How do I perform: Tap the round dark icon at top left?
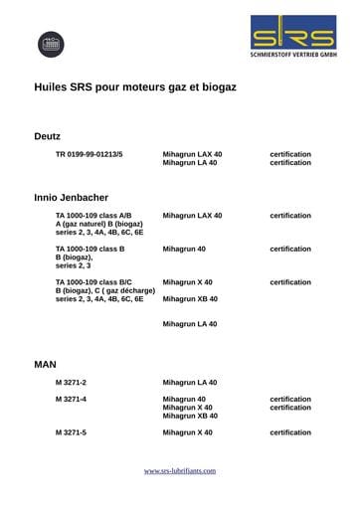point(51,44)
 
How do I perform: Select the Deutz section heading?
point(48,134)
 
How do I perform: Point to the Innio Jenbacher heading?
point(71,197)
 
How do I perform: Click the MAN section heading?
point(46,365)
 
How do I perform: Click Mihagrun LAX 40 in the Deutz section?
point(192,154)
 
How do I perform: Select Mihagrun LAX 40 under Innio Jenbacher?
point(192,215)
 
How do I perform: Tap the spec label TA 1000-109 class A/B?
point(93,215)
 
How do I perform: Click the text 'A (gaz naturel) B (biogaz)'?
point(98,224)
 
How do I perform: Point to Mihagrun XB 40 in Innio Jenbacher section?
point(190,298)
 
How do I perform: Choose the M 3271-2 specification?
point(71,383)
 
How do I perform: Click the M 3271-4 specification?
point(71,400)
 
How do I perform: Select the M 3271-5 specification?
point(71,432)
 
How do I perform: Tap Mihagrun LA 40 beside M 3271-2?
point(189,383)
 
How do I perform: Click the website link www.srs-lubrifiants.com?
point(180,470)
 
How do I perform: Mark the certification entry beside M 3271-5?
point(290,432)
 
